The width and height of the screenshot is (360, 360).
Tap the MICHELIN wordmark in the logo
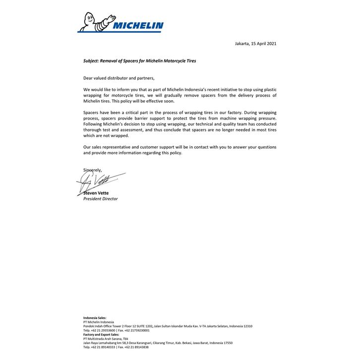136,26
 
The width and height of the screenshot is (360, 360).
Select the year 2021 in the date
270,44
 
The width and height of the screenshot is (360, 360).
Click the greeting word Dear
88,78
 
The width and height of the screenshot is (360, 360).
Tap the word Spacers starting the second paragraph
92,113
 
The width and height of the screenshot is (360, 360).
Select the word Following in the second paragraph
94,124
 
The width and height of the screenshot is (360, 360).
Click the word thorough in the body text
93,130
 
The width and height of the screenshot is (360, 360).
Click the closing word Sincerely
92,170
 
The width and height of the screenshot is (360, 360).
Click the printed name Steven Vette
96,193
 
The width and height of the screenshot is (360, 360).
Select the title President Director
100,198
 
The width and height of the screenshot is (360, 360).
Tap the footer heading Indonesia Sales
94,318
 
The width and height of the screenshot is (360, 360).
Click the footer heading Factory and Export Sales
101,335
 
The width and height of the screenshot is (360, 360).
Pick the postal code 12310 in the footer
247,326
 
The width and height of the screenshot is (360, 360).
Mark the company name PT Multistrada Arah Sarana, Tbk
103,339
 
